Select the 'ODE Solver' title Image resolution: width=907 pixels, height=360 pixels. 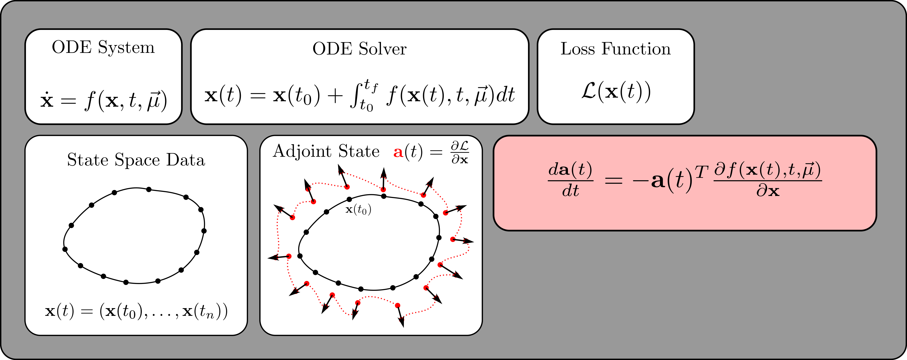(360, 49)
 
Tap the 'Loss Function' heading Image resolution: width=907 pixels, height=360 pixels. (616, 49)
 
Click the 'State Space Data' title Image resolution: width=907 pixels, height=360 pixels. (136, 160)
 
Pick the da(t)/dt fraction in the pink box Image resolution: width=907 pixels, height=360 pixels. (570, 180)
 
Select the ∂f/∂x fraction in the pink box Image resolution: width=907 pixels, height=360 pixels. (768, 180)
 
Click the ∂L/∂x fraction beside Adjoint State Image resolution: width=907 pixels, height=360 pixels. (460, 153)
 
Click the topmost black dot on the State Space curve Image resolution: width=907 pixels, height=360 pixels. (149, 189)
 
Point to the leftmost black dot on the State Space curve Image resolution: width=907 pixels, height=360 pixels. (65, 249)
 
